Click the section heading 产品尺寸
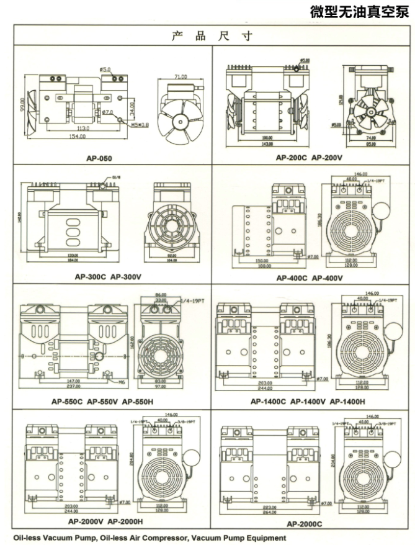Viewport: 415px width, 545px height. click(x=212, y=36)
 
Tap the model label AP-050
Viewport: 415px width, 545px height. click(x=101, y=158)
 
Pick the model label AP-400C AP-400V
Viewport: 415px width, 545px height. click(x=310, y=277)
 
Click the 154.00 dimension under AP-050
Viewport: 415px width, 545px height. click(x=76, y=137)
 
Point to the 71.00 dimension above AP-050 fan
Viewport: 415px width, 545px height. click(x=180, y=77)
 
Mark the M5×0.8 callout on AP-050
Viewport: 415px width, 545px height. click(x=140, y=124)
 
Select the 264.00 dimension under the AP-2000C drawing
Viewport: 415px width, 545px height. click(x=270, y=513)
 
